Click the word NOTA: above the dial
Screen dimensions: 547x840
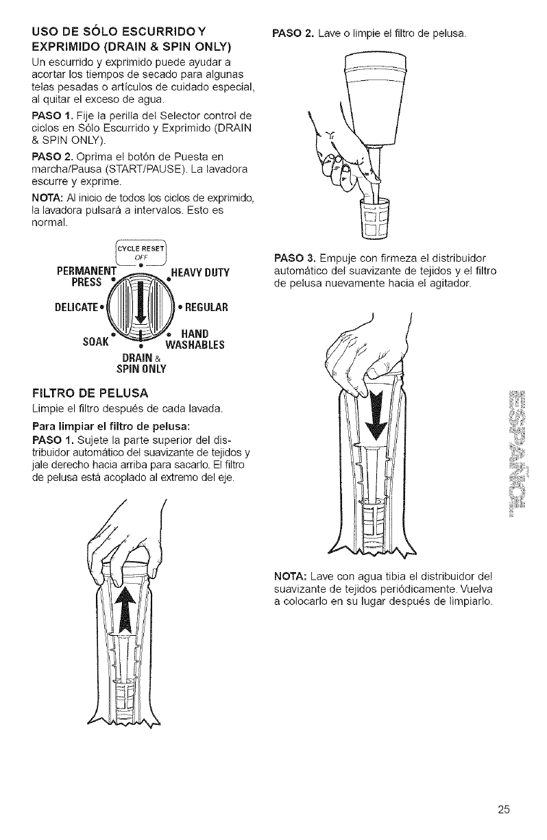point(46,199)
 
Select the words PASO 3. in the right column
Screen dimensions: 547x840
point(293,258)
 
